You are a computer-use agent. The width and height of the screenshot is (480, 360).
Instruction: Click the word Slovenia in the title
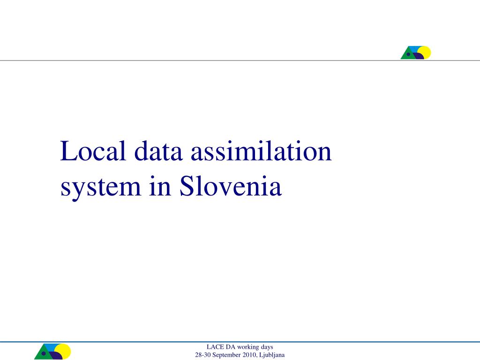tap(230, 187)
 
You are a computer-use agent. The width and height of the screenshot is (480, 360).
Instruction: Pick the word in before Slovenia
tap(160, 187)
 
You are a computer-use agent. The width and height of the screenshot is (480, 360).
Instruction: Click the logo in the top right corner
tap(416, 52)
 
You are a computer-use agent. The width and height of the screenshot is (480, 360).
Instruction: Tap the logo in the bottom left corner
tap(52, 352)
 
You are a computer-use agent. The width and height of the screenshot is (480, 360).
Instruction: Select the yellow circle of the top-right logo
tap(425, 51)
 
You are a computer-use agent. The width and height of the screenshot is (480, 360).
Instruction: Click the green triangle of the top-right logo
tap(407, 55)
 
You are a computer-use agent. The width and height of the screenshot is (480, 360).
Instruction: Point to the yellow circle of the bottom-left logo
tap(63, 350)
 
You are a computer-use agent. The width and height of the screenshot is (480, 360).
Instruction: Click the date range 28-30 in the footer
tap(202, 355)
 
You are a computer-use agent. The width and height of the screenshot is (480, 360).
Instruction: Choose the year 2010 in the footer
tap(250, 355)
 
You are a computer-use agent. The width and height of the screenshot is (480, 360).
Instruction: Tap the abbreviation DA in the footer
tap(231, 347)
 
